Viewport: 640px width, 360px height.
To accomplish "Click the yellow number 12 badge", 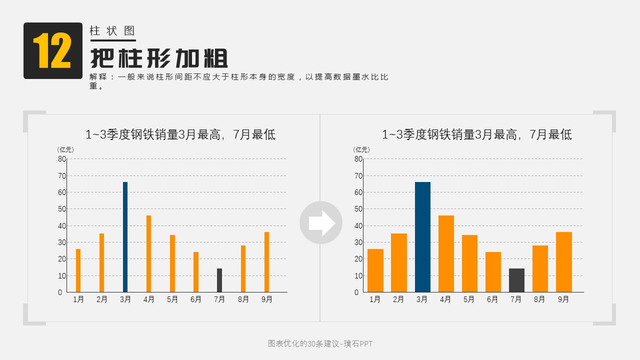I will [52, 50].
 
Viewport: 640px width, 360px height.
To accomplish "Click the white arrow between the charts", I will [321, 222].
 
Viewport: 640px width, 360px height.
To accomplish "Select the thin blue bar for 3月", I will [125, 237].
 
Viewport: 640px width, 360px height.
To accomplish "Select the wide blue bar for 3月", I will [422, 237].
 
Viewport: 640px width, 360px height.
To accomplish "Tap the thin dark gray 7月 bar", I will [219, 280].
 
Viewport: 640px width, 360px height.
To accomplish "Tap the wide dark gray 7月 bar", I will [516, 280].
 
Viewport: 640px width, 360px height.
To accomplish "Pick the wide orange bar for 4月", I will [446, 254].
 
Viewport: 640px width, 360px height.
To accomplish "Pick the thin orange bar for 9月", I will [266, 262].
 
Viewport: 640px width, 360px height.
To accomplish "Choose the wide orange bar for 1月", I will [375, 270].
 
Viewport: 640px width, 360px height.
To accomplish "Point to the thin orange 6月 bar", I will [196, 272].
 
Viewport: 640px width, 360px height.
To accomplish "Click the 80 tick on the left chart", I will [62, 159].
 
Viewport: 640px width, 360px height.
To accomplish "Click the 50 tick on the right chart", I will [358, 209].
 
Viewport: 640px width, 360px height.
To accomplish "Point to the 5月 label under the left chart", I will [172, 299].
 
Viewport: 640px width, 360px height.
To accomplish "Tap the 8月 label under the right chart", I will [539, 299].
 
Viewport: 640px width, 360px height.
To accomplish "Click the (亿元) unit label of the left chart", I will [65, 149].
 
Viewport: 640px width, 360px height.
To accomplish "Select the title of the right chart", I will [476, 134].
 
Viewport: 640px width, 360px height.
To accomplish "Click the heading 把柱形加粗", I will [159, 59].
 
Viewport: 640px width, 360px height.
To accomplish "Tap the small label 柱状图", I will [112, 31].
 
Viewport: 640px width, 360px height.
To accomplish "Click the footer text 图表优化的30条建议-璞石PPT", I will [320, 344].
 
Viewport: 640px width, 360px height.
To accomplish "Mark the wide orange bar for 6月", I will [493, 272].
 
